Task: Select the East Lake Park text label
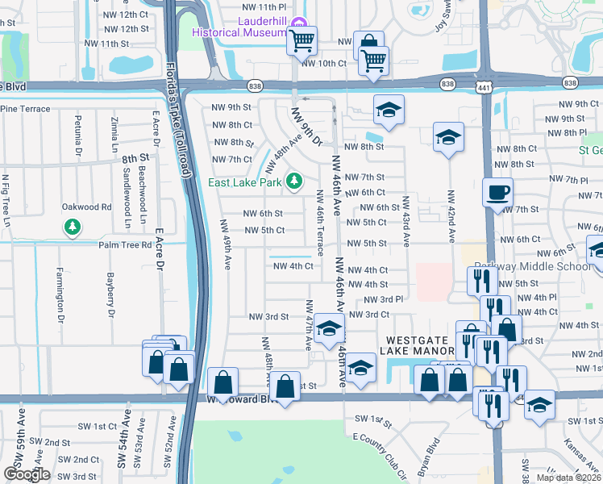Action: coord(245,183)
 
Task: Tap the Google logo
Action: coord(27,474)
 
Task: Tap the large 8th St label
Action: coord(136,158)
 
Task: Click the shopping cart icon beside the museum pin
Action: coord(301,40)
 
